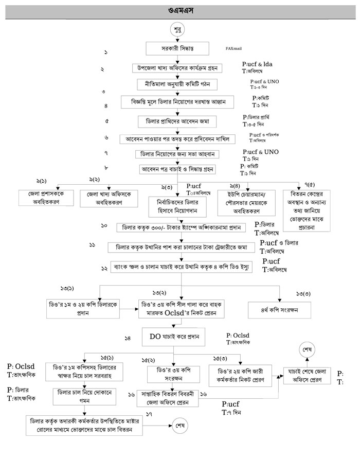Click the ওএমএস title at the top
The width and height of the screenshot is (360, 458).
(179, 10)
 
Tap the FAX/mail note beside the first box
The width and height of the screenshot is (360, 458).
(233, 49)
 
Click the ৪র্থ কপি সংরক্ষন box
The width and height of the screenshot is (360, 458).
(280, 310)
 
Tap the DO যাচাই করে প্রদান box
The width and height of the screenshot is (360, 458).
(178, 339)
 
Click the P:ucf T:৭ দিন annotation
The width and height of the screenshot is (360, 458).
(232, 409)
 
